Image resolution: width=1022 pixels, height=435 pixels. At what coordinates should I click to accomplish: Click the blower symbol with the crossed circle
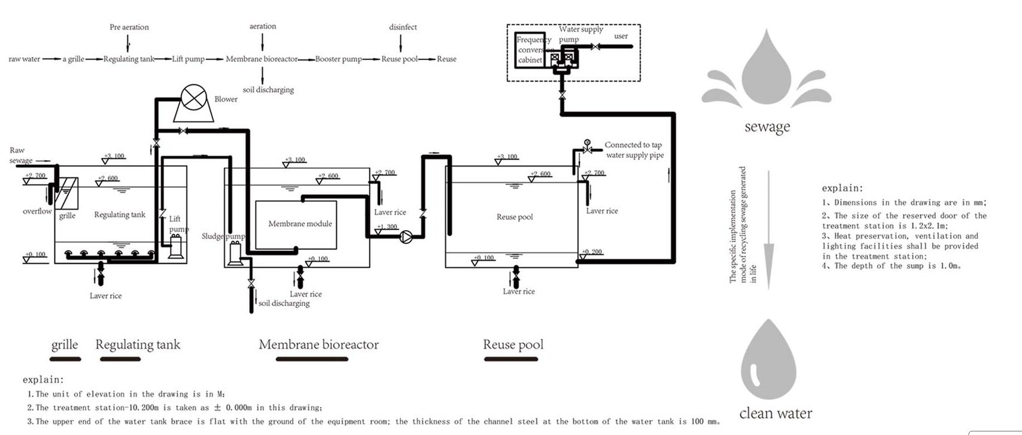(x=193, y=98)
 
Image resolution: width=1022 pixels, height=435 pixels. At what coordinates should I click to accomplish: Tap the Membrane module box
(x=296, y=224)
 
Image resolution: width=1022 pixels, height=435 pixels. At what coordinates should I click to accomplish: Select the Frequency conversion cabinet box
(x=530, y=49)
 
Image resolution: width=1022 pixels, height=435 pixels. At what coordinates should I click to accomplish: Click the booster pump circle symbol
(x=406, y=237)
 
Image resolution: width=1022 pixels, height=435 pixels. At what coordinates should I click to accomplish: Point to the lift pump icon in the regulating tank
(x=176, y=246)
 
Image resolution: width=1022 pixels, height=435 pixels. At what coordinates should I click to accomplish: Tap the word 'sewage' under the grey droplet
(x=767, y=127)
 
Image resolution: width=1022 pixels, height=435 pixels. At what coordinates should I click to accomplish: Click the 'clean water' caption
(x=775, y=414)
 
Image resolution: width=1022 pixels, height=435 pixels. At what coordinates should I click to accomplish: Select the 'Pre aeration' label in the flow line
(x=129, y=27)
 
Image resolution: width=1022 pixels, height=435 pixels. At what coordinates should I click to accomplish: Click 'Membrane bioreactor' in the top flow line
(x=261, y=59)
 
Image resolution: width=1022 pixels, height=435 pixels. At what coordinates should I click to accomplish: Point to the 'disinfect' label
(x=403, y=27)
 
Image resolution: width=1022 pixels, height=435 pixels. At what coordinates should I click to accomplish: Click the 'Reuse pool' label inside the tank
(x=515, y=217)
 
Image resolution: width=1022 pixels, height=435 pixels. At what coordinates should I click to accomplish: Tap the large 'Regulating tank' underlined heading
(x=137, y=345)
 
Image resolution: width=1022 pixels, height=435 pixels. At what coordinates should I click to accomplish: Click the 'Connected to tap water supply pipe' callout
(x=634, y=150)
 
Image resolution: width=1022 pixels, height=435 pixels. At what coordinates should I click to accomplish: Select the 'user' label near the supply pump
(x=620, y=36)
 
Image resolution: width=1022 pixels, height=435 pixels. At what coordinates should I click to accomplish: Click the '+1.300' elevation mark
(x=387, y=227)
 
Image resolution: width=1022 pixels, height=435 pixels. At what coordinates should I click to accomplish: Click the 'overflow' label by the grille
(x=37, y=211)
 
